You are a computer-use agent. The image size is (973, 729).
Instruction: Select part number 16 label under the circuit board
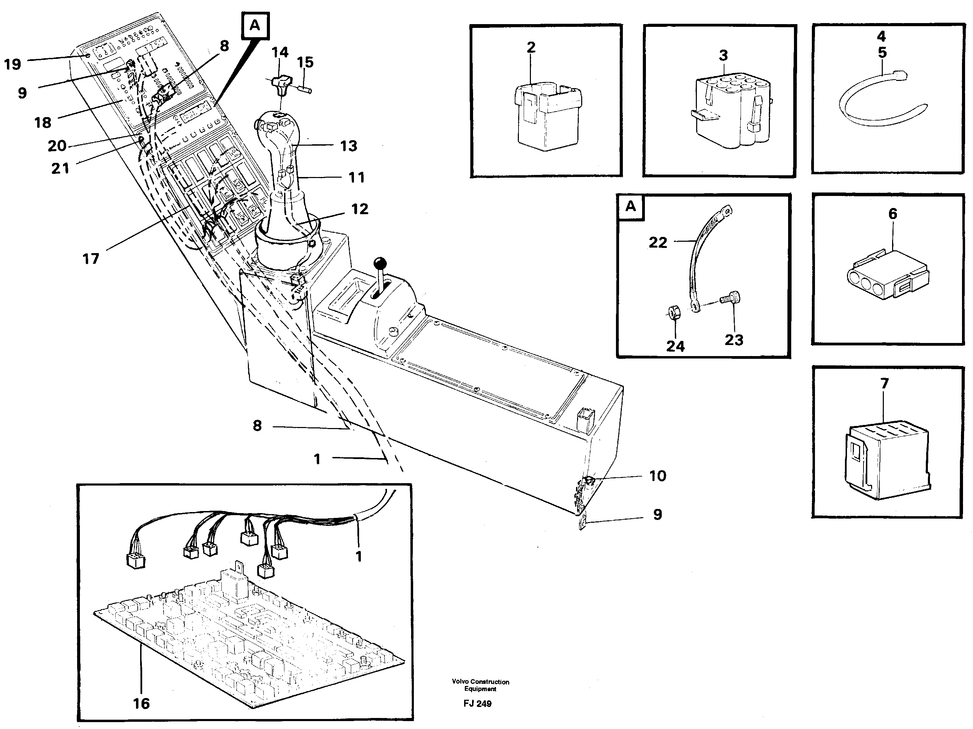click(141, 704)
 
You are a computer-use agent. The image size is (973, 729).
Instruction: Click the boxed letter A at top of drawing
click(255, 25)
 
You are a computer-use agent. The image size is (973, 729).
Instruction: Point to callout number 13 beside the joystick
click(348, 146)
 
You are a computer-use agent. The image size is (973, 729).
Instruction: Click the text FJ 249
click(477, 704)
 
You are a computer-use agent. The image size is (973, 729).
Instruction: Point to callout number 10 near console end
click(658, 476)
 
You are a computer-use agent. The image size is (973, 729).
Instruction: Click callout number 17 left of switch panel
click(91, 259)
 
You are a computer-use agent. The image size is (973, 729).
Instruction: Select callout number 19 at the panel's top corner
click(12, 65)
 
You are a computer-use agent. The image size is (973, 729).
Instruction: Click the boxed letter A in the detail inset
click(630, 206)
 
